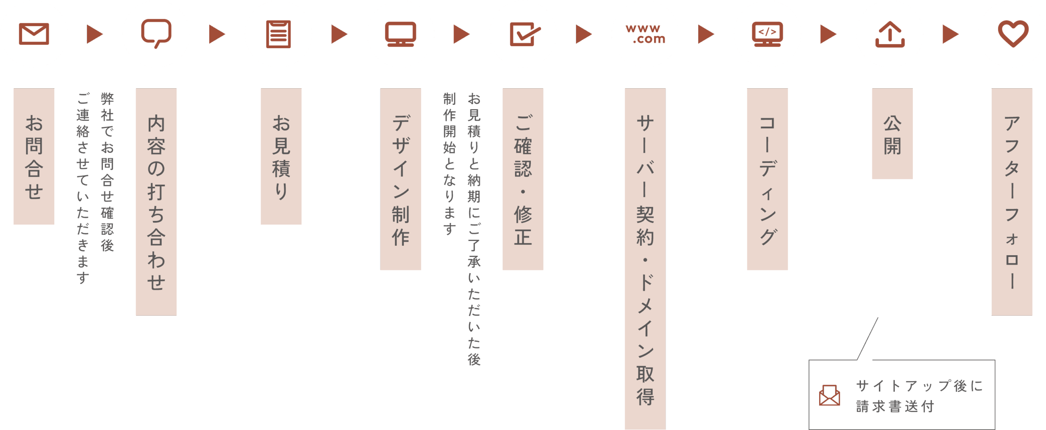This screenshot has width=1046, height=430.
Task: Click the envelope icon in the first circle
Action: coord(34,34)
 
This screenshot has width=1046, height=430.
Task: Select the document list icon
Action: coord(278,34)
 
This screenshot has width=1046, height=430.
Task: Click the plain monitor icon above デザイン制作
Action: coord(400,34)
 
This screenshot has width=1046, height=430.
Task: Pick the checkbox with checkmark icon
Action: coord(523,34)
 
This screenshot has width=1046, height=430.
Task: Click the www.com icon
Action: coord(645,34)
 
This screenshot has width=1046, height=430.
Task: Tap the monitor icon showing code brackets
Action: coord(767,34)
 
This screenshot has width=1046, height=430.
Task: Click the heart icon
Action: coord(1012,34)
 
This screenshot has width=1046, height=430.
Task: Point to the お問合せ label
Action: coord(34,156)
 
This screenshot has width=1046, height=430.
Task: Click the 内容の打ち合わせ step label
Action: coord(156,202)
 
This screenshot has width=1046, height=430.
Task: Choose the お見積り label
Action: coord(281,156)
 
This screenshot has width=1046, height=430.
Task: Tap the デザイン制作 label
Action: coord(400,179)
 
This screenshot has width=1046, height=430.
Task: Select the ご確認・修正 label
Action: coord(523,179)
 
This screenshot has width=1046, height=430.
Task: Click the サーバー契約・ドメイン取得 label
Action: coord(645,259)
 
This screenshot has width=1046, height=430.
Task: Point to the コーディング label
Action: coord(767,179)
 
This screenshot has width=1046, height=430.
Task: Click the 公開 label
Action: coord(892,134)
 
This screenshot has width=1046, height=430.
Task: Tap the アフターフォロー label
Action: coord(1012,202)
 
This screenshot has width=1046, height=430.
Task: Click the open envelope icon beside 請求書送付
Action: coord(829,395)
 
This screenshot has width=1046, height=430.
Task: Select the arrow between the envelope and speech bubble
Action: coord(95,34)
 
